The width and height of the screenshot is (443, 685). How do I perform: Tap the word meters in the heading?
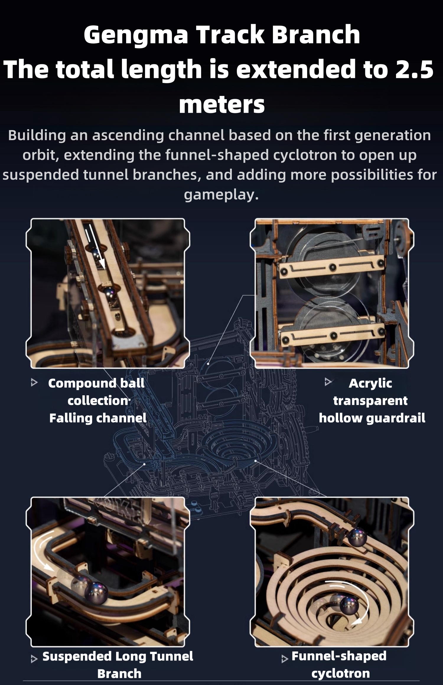(221, 104)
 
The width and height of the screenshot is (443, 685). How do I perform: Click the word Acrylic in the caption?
(370, 383)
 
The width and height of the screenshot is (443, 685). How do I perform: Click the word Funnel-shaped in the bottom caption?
(339, 656)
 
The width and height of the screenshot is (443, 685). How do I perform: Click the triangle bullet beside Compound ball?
(34, 383)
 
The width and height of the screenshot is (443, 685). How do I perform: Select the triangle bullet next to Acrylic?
(328, 382)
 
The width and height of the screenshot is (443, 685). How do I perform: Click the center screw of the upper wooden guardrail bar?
(333, 267)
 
